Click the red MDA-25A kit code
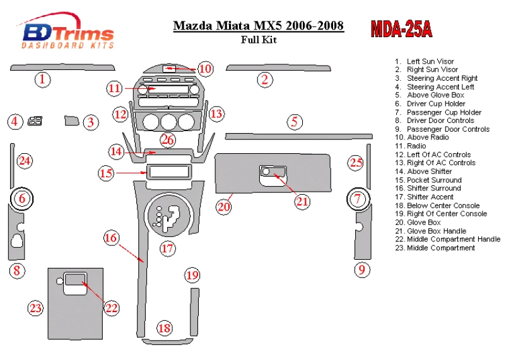coord(401,28)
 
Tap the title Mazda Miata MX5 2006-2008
coord(258,26)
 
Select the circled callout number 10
coord(205,69)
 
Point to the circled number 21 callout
coord(303,201)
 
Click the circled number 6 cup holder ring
coord(22,199)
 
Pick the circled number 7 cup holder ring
coord(358,200)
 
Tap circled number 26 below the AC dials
coord(167,139)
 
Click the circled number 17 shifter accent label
coord(167,248)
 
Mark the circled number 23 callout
coord(35,308)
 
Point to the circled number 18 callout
coord(164,328)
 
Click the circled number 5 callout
coord(294,122)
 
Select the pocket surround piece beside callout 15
coord(168,171)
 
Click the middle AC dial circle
coord(168,122)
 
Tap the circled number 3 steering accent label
coord(91,122)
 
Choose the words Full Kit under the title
coord(258,40)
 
